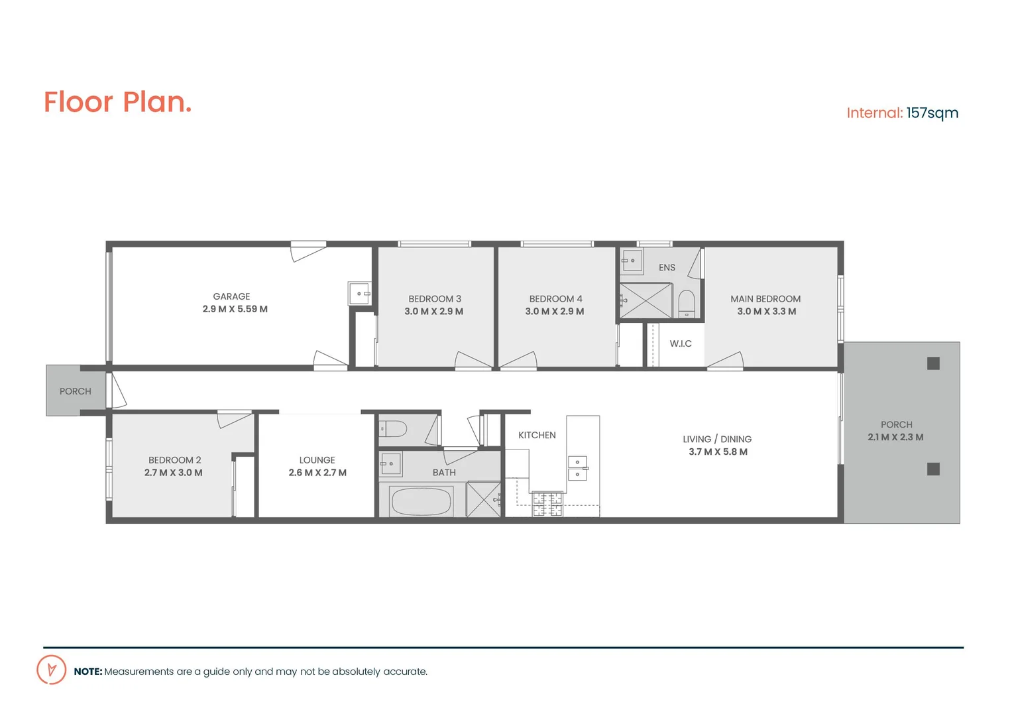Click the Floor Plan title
point(117,102)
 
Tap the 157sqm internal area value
point(932,113)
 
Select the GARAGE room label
point(231,296)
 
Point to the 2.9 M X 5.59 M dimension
point(235,309)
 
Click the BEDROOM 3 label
point(435,299)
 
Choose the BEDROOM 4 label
point(555,299)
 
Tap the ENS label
point(667,268)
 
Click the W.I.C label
point(681,343)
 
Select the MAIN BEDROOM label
point(765,299)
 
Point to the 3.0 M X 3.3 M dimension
point(767,312)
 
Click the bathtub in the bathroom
point(422,502)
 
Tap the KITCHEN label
point(537,435)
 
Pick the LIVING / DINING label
point(717,439)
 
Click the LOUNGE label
point(317,460)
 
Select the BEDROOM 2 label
point(174,460)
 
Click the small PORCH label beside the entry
point(76,391)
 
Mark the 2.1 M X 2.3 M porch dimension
point(895,438)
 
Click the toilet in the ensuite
point(687,304)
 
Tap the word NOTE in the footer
point(87,672)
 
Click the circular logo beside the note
point(51,670)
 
